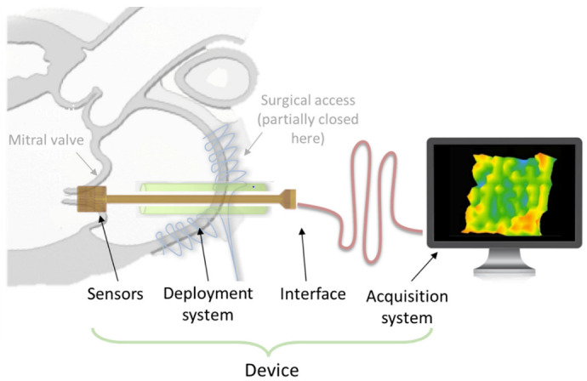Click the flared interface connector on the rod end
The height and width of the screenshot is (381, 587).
click(289, 199)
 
